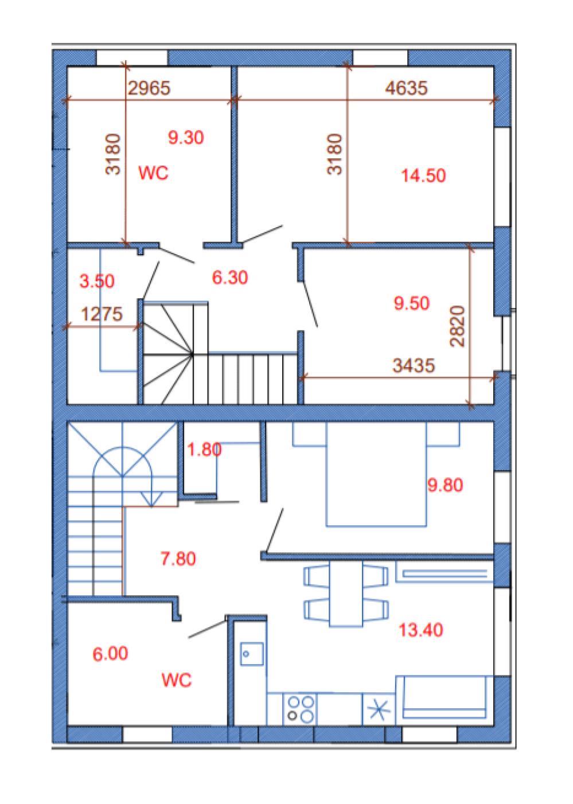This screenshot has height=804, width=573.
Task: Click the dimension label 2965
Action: [149, 88]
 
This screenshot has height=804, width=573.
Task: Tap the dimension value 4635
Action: [407, 88]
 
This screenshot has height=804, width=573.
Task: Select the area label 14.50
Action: [423, 176]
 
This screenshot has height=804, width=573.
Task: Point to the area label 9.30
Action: [186, 138]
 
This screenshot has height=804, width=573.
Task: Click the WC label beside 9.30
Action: [153, 173]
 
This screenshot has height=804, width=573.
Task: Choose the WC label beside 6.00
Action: [177, 680]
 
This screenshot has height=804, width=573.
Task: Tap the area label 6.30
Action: [230, 278]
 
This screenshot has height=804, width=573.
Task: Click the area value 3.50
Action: [96, 281]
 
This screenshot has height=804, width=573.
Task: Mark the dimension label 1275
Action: [102, 314]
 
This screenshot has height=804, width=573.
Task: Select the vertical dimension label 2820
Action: [457, 326]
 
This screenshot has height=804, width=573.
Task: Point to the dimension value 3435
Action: [414, 366]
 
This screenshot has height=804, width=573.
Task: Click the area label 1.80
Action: [204, 450]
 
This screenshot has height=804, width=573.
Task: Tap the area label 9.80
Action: [445, 485]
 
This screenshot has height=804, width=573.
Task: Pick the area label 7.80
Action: [178, 559]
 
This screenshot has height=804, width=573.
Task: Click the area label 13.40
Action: [421, 630]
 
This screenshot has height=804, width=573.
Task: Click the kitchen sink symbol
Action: [252, 654]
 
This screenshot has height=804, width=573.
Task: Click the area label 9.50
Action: [411, 303]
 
